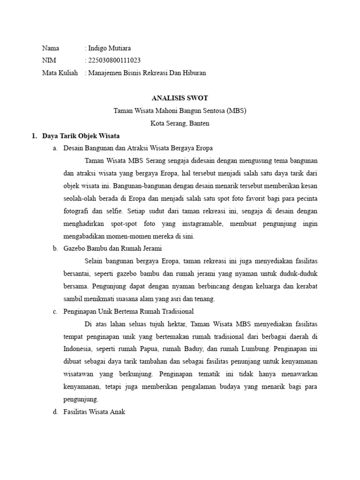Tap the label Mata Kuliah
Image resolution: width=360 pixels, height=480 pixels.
(x=60, y=73)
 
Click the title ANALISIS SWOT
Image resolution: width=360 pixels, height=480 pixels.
(x=180, y=98)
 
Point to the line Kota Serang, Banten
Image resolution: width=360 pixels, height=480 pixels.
(x=180, y=124)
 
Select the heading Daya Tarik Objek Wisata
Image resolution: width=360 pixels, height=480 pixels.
(x=81, y=136)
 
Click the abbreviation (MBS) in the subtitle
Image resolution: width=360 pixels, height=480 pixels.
(x=236, y=111)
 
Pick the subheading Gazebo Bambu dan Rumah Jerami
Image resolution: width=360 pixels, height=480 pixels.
(x=112, y=248)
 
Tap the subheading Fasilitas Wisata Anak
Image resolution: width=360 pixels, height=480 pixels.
(x=94, y=412)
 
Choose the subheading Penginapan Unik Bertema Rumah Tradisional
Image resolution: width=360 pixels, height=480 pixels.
(x=128, y=311)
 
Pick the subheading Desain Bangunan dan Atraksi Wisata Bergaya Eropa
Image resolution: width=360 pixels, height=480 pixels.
(x=138, y=148)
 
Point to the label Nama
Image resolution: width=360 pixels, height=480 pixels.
(x=51, y=48)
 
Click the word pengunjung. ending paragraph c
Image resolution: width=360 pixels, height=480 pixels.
(x=80, y=399)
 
